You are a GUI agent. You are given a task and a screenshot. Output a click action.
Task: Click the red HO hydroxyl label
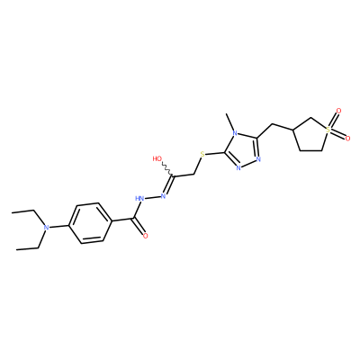[x=157, y=158]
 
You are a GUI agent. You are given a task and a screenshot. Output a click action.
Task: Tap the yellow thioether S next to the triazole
[x=202, y=155]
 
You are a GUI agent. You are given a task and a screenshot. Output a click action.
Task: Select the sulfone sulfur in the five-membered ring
[x=328, y=130]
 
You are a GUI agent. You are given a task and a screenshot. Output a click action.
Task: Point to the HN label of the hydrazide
[x=139, y=198]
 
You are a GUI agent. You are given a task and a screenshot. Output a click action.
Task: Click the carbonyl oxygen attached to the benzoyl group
[x=146, y=236]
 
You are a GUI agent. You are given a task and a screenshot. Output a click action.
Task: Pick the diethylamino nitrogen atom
[x=46, y=228]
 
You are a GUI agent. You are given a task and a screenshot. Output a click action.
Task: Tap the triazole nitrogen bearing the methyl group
[x=235, y=133]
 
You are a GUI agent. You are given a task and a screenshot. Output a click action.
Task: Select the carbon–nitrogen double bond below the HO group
[x=168, y=185]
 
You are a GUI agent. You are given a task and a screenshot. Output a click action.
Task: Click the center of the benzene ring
[x=90, y=223]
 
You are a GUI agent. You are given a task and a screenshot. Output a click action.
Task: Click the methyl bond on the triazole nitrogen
[x=231, y=121]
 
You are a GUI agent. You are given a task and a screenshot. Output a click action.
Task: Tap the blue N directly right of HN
[x=164, y=196]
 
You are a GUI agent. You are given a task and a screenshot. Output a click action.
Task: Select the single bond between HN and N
[x=153, y=197]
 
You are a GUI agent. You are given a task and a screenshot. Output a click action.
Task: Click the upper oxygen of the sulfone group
[x=338, y=111]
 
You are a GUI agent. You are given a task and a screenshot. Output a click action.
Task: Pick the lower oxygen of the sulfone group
[x=347, y=139]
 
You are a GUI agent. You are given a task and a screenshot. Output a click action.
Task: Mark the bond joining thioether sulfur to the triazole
[x=215, y=154]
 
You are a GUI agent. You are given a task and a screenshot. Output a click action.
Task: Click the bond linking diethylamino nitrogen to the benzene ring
[x=59, y=226]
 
